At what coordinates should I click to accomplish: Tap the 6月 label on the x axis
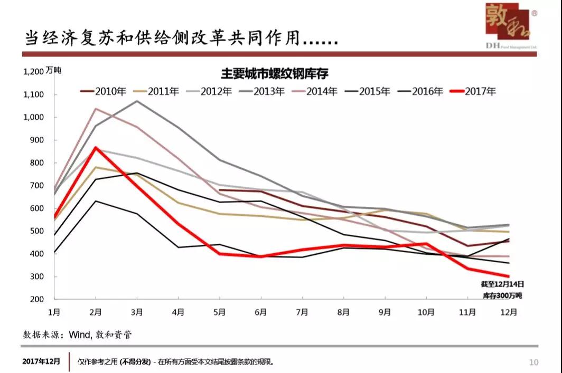coord(260,312)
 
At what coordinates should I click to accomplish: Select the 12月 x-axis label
coord(509,312)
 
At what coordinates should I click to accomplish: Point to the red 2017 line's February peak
coord(96,147)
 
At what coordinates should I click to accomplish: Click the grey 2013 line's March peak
coord(137,101)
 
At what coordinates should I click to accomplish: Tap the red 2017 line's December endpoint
coord(509,276)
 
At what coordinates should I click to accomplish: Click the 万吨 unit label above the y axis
coord(53,70)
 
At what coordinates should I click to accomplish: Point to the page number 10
coord(533,362)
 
